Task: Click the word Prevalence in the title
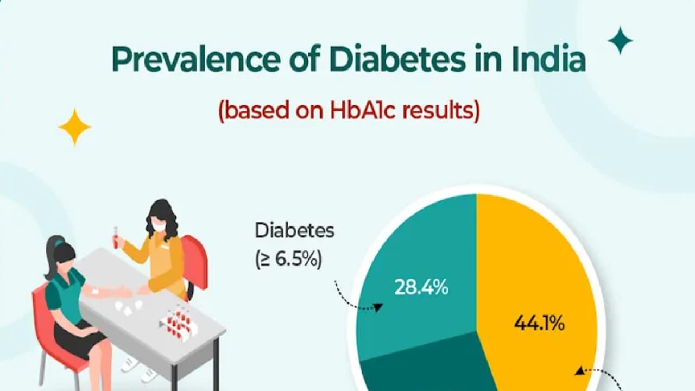coord(196,59)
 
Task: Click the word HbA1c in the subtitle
coord(362,110)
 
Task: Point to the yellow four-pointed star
coord(74,127)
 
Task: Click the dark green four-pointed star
coord(620,41)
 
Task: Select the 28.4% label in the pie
coord(421,287)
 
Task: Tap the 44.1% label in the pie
coord(539,324)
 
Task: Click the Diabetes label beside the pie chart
coord(294,231)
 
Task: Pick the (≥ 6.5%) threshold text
coord(288,260)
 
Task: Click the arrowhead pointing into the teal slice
coord(377,307)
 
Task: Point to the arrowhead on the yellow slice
coord(579,371)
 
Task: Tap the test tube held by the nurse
coord(116,237)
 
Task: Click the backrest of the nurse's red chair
coord(195,261)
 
